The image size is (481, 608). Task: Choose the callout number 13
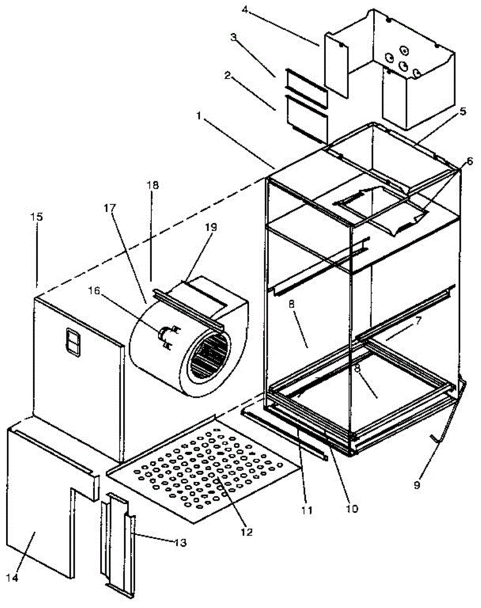[179, 543]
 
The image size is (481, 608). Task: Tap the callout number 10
[352, 507]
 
